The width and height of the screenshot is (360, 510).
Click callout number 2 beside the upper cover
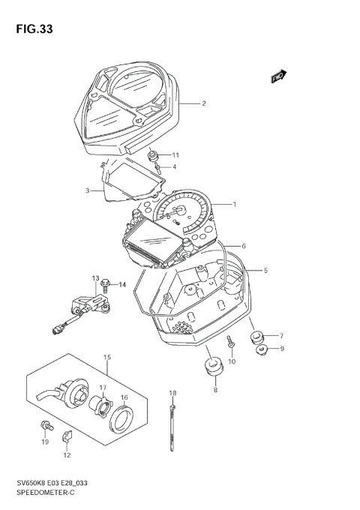203,103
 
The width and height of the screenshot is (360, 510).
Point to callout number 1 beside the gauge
234,204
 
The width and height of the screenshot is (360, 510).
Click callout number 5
265,270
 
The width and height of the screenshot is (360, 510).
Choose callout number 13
95,278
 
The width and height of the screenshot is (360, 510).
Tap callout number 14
122,284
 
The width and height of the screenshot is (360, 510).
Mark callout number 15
107,357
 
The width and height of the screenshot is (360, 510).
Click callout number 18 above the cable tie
172,393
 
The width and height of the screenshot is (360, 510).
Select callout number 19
45,442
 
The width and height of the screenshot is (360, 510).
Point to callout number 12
67,455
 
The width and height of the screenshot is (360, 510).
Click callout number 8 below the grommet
215,390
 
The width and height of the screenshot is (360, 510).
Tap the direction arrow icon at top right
279,76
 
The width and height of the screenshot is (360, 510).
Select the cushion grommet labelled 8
214,368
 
